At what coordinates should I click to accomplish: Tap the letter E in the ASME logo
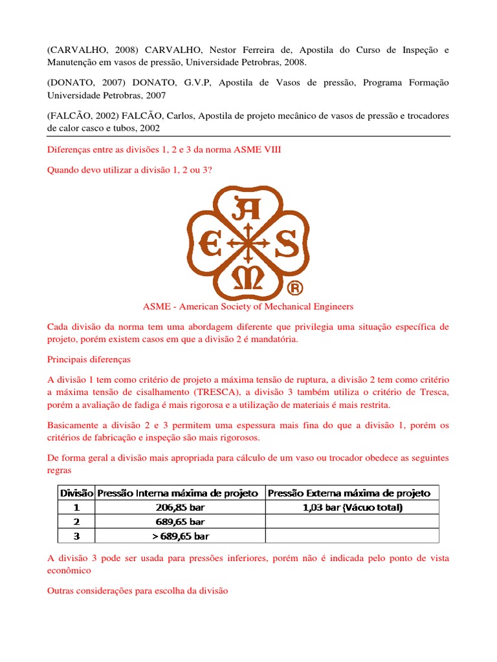click(x=211, y=245)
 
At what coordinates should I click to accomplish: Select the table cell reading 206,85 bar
click(x=181, y=507)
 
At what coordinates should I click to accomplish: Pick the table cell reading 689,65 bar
click(x=181, y=522)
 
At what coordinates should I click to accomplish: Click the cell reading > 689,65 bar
click(x=181, y=536)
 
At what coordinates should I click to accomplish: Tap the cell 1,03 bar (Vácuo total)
click(x=353, y=507)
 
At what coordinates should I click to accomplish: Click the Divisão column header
click(x=77, y=493)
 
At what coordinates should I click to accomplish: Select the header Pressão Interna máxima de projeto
click(x=181, y=493)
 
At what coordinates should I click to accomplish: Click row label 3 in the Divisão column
click(x=77, y=536)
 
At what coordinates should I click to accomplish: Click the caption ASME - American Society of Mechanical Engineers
click(x=248, y=306)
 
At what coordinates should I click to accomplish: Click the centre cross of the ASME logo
click(x=248, y=245)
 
